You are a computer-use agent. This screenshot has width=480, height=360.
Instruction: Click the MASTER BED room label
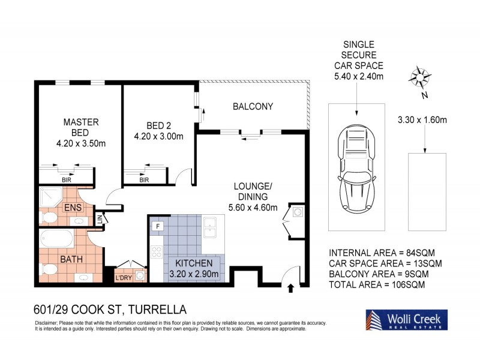[x=80, y=127]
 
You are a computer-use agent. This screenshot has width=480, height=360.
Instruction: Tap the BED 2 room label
[x=159, y=125]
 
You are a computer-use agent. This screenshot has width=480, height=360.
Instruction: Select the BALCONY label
[x=253, y=107]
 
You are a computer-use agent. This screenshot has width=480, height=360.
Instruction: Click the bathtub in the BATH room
[x=57, y=240]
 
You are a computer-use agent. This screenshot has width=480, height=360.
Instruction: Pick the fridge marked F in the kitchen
[x=158, y=226]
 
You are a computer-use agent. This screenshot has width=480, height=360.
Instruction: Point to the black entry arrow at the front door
[x=292, y=289]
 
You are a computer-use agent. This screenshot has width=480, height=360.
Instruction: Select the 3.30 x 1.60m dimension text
[x=422, y=120]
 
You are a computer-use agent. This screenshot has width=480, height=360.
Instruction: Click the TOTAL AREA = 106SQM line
[x=377, y=285]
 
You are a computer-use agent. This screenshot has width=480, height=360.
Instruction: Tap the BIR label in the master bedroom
[x=65, y=179]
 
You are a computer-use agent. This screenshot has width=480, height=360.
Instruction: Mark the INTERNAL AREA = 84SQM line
[x=383, y=253]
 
